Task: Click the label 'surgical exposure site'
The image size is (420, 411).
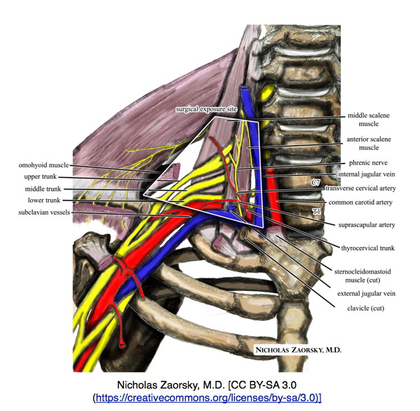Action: coord(208,110)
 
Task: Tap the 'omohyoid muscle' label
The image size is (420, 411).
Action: coord(44,165)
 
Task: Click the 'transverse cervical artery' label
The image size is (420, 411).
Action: coord(360,189)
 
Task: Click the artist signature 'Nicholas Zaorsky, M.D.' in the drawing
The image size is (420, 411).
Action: coord(302,347)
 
